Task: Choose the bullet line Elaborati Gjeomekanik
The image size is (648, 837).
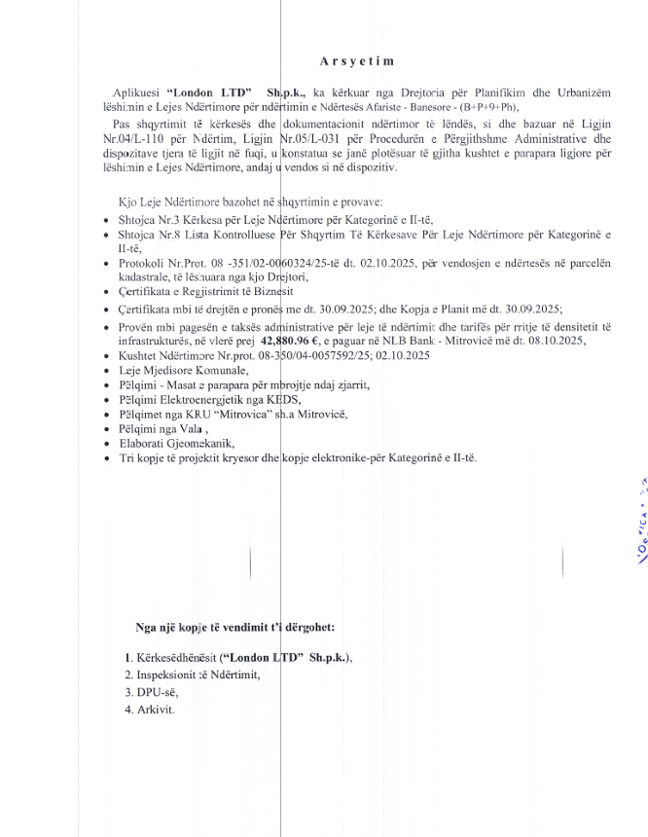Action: point(170,441)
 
